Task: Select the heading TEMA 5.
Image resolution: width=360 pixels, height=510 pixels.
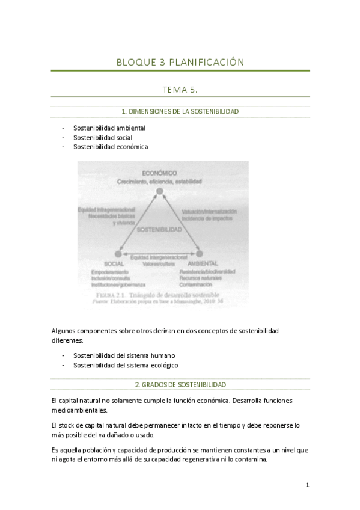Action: click(x=180, y=90)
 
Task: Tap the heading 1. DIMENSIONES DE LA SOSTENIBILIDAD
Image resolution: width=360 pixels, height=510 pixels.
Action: click(x=180, y=112)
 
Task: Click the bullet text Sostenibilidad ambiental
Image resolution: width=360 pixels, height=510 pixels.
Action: click(x=109, y=128)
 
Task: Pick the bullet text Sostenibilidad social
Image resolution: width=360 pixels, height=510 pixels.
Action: click(x=103, y=137)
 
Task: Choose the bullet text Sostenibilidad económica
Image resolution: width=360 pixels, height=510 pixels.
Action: click(x=111, y=146)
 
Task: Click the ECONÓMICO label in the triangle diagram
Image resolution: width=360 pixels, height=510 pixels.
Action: click(x=159, y=173)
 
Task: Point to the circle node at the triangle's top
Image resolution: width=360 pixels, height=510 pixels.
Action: click(x=160, y=192)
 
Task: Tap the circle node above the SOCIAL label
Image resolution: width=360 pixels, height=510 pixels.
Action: click(x=118, y=255)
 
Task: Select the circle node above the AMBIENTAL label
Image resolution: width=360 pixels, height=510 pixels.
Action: click(x=200, y=255)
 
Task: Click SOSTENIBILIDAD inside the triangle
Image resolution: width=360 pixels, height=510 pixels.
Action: click(x=159, y=230)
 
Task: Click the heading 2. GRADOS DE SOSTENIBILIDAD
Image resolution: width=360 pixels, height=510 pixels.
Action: click(x=180, y=384)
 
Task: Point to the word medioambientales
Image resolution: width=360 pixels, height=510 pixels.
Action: click(x=79, y=410)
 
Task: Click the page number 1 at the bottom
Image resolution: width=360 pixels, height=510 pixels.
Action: click(x=307, y=485)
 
